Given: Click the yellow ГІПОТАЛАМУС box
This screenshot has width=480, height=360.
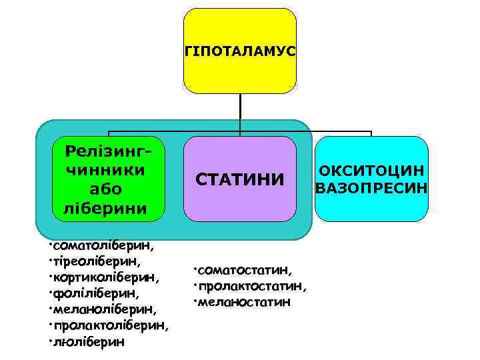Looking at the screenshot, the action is (x=239, y=51).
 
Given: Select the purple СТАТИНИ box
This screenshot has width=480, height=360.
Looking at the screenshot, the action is (x=239, y=179).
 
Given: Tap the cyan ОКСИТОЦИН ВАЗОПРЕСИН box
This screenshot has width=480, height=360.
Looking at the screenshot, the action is (x=371, y=179).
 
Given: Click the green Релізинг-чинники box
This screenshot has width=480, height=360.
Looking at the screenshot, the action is (x=107, y=179).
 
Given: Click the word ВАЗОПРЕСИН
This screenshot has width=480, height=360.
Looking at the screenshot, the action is (x=371, y=187).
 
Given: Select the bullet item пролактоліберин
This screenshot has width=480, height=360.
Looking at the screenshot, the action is (x=110, y=325).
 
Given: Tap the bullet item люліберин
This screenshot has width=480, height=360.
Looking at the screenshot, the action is (x=89, y=342).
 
